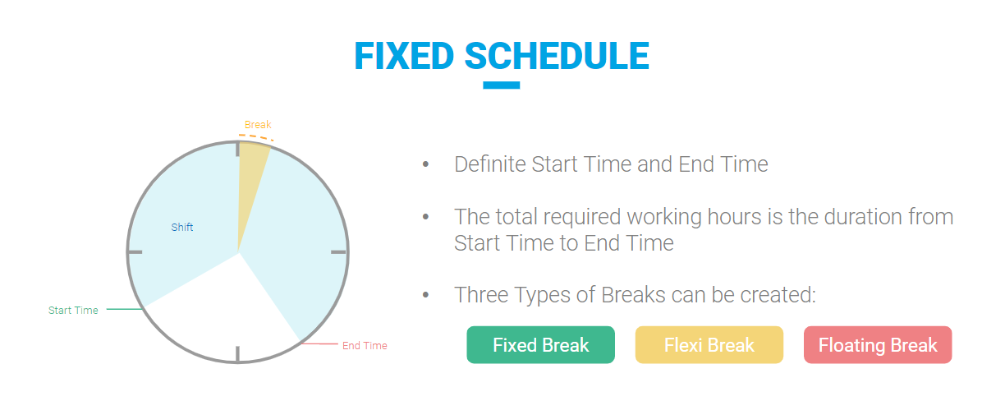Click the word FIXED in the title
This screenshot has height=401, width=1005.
tap(404, 56)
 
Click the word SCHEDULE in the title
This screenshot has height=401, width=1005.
tap(557, 56)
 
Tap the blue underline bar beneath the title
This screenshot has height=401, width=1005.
tap(501, 85)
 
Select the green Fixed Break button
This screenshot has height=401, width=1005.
tap(540, 345)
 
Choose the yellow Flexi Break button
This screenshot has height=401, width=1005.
tap(709, 345)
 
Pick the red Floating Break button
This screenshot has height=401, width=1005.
tap(878, 345)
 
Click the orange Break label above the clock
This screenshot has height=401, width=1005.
tap(258, 124)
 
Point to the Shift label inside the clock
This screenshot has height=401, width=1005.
tap(182, 228)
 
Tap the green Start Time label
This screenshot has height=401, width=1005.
tap(73, 311)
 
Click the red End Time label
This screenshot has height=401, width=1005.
tap(365, 346)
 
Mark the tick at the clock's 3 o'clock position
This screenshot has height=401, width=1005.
tap(338, 252)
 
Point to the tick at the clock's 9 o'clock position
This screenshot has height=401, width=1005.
tap(135, 252)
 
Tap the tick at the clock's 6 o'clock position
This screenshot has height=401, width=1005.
tap(238, 353)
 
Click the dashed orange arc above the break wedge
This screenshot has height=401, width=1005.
tap(256, 136)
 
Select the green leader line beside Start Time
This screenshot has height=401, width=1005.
tap(125, 309)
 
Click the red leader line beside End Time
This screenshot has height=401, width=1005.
tap(319, 344)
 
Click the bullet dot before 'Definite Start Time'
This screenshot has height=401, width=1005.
tap(426, 164)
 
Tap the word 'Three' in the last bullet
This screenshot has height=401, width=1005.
tap(481, 295)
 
